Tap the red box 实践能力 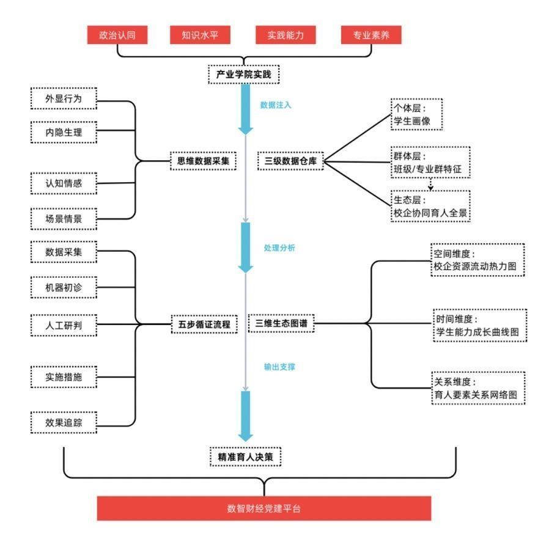(x=286, y=35)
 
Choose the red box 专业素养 (x=371, y=35)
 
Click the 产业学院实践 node (x=243, y=75)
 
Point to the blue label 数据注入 (x=276, y=105)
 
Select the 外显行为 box (x=63, y=98)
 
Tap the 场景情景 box (x=63, y=218)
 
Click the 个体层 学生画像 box (x=416, y=114)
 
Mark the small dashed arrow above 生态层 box (x=430, y=184)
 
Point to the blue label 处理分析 (x=279, y=248)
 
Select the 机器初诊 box (x=63, y=287)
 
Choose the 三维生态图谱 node (x=281, y=323)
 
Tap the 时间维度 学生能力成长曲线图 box (x=479, y=325)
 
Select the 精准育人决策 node (x=245, y=457)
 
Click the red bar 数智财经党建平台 (x=263, y=508)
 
